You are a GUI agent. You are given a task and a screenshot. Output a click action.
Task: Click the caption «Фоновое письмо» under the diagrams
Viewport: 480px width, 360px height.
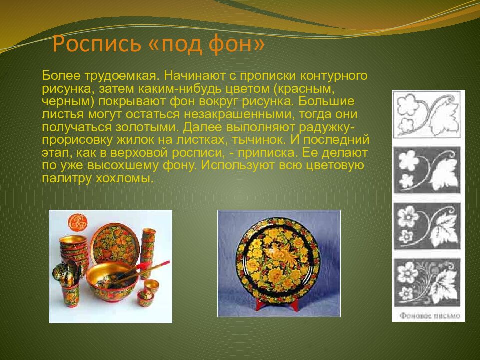[428, 315]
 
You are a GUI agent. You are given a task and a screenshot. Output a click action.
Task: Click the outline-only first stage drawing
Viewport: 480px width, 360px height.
[428, 114]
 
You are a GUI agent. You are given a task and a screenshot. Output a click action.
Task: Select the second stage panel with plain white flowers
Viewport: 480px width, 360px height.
[428, 170]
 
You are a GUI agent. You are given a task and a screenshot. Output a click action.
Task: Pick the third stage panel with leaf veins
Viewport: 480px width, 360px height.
[428, 226]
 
